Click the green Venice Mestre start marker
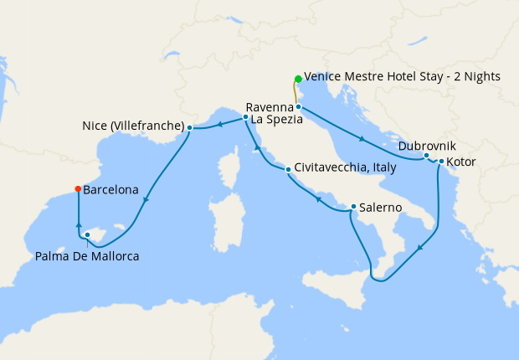pyautogui.click(x=298, y=80)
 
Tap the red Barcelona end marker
pyautogui.click(x=78, y=188)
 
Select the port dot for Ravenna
pyautogui.click(x=298, y=107)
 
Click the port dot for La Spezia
pyautogui.click(x=245, y=117)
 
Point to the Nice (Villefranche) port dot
pyautogui.click(x=190, y=127)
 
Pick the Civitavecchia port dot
pyautogui.click(x=288, y=170)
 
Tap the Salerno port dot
pyautogui.click(x=353, y=207)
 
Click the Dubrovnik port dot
pyautogui.click(x=426, y=156)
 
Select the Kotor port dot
pyautogui.click(x=441, y=161)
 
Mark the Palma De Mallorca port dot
pyautogui.click(x=87, y=235)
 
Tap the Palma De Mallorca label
pyautogui.click(x=87, y=255)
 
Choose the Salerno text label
pyautogui.click(x=383, y=207)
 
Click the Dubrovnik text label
pyautogui.click(x=428, y=145)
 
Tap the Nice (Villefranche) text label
pyautogui.click(x=133, y=126)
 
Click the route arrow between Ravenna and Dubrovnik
pyautogui.click(x=361, y=138)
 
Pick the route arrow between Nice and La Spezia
pyautogui.click(x=218, y=125)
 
